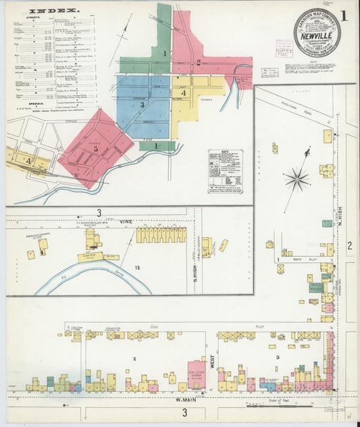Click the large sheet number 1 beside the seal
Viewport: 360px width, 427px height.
click(x=345, y=15)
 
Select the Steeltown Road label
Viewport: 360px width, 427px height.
click(x=302, y=111)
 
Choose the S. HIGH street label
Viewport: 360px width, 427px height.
click(x=194, y=254)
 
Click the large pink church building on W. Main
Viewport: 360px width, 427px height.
click(x=197, y=374)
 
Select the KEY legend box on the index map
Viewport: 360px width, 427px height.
click(x=225, y=172)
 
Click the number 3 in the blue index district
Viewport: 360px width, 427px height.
click(x=142, y=105)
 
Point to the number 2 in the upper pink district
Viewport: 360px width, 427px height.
click(x=198, y=63)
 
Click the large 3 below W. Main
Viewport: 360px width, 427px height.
click(x=184, y=412)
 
